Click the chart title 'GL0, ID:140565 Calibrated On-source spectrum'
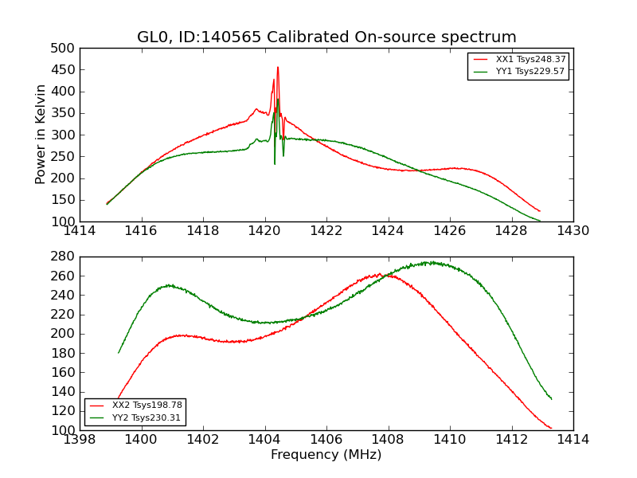click(x=326, y=37)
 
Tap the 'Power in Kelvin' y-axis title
click(x=41, y=135)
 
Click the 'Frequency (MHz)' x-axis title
click(x=326, y=455)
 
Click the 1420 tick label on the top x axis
click(x=264, y=230)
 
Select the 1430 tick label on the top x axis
click(x=573, y=230)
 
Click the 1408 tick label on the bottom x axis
click(x=388, y=439)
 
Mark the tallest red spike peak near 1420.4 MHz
click(x=278, y=67)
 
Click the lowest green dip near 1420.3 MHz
click(x=275, y=164)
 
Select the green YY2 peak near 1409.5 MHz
click(x=430, y=261)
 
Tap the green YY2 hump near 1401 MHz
click(x=169, y=284)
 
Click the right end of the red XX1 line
click(x=540, y=211)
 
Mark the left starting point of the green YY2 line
click(x=119, y=353)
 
